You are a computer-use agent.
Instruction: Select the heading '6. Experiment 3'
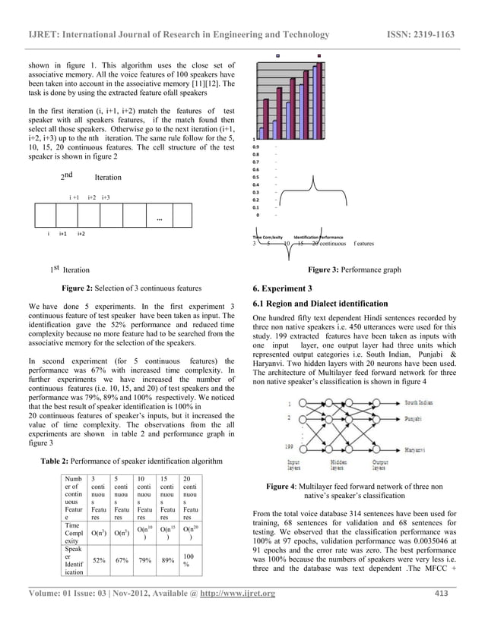pyautogui.click(x=282, y=288)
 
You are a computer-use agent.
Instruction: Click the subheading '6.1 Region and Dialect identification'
pyautogui.click(x=320, y=304)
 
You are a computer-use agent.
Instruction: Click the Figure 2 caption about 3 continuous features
pyautogui.click(x=131, y=288)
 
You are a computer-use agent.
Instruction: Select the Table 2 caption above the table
pyautogui.click(x=131, y=462)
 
